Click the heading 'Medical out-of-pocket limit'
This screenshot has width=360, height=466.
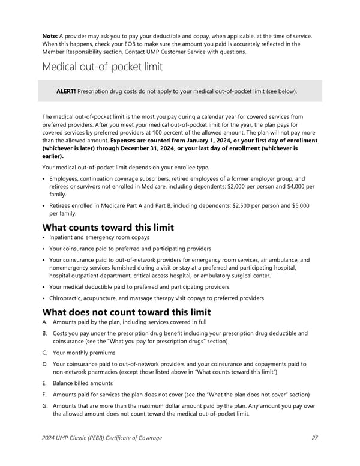pyautogui.click(x=102, y=67)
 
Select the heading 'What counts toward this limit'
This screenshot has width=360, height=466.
pyautogui.click(x=108, y=228)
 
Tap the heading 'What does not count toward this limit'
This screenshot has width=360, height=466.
pyautogui.click(x=127, y=312)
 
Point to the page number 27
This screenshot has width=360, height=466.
pyautogui.click(x=316, y=438)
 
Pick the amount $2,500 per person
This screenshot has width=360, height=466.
pyautogui.click(x=255, y=205)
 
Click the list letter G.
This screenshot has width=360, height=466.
pyautogui.click(x=45, y=406)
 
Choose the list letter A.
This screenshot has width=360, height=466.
pyautogui.click(x=45, y=323)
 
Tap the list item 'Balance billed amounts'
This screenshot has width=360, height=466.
pyautogui.click(x=83, y=383)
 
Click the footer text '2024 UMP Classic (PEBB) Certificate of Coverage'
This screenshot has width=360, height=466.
pyautogui.click(x=102, y=438)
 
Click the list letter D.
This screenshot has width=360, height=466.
pyautogui.click(x=45, y=364)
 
